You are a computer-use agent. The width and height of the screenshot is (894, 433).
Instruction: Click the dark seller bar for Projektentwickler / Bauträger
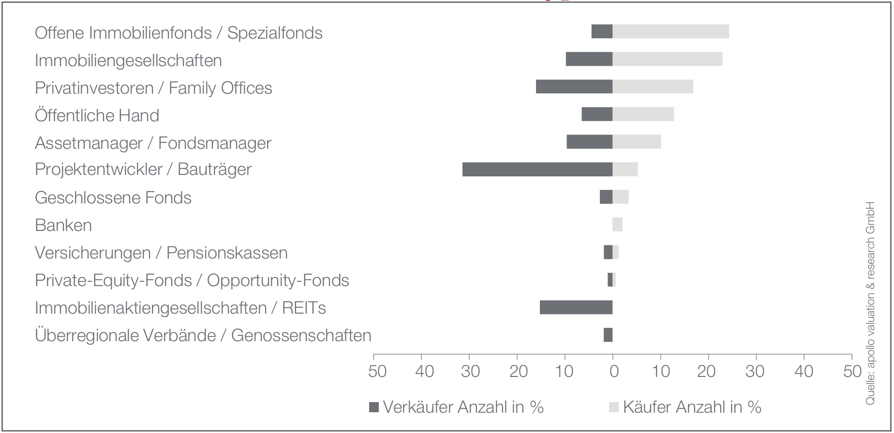click(x=537, y=170)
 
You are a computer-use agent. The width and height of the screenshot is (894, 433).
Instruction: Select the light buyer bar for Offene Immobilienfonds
click(x=671, y=31)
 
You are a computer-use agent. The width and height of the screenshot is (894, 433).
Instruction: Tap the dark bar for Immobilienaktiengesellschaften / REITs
click(x=576, y=307)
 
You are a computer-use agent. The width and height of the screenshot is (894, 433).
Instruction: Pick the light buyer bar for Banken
click(x=618, y=225)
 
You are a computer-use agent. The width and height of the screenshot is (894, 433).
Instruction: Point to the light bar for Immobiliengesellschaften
click(x=668, y=59)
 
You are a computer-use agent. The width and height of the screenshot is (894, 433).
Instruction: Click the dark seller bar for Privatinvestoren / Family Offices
click(x=574, y=87)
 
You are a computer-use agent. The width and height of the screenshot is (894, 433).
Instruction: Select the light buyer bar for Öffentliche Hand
click(x=643, y=114)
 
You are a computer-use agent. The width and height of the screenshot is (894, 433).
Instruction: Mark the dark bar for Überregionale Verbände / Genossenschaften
click(x=608, y=335)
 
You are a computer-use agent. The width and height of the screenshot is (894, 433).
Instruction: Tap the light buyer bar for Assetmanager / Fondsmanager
click(x=637, y=142)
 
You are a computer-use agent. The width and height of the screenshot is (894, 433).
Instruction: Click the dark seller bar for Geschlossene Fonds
click(x=606, y=197)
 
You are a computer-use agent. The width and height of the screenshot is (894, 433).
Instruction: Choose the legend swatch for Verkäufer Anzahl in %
click(x=373, y=407)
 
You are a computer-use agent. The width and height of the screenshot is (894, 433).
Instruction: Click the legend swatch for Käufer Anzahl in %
click(x=613, y=407)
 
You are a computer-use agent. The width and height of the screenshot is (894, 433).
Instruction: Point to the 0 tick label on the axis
click(x=613, y=372)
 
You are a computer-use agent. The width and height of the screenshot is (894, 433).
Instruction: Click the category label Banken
click(x=63, y=225)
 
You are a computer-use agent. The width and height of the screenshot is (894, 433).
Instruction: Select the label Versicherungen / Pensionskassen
click(x=161, y=253)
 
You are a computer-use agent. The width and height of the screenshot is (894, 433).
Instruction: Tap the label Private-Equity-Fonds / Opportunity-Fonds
click(x=192, y=280)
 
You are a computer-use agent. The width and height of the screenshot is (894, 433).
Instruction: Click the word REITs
click(x=304, y=308)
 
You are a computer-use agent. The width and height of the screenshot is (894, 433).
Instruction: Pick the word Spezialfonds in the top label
click(x=275, y=33)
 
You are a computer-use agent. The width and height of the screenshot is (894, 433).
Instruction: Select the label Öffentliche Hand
click(x=97, y=115)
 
